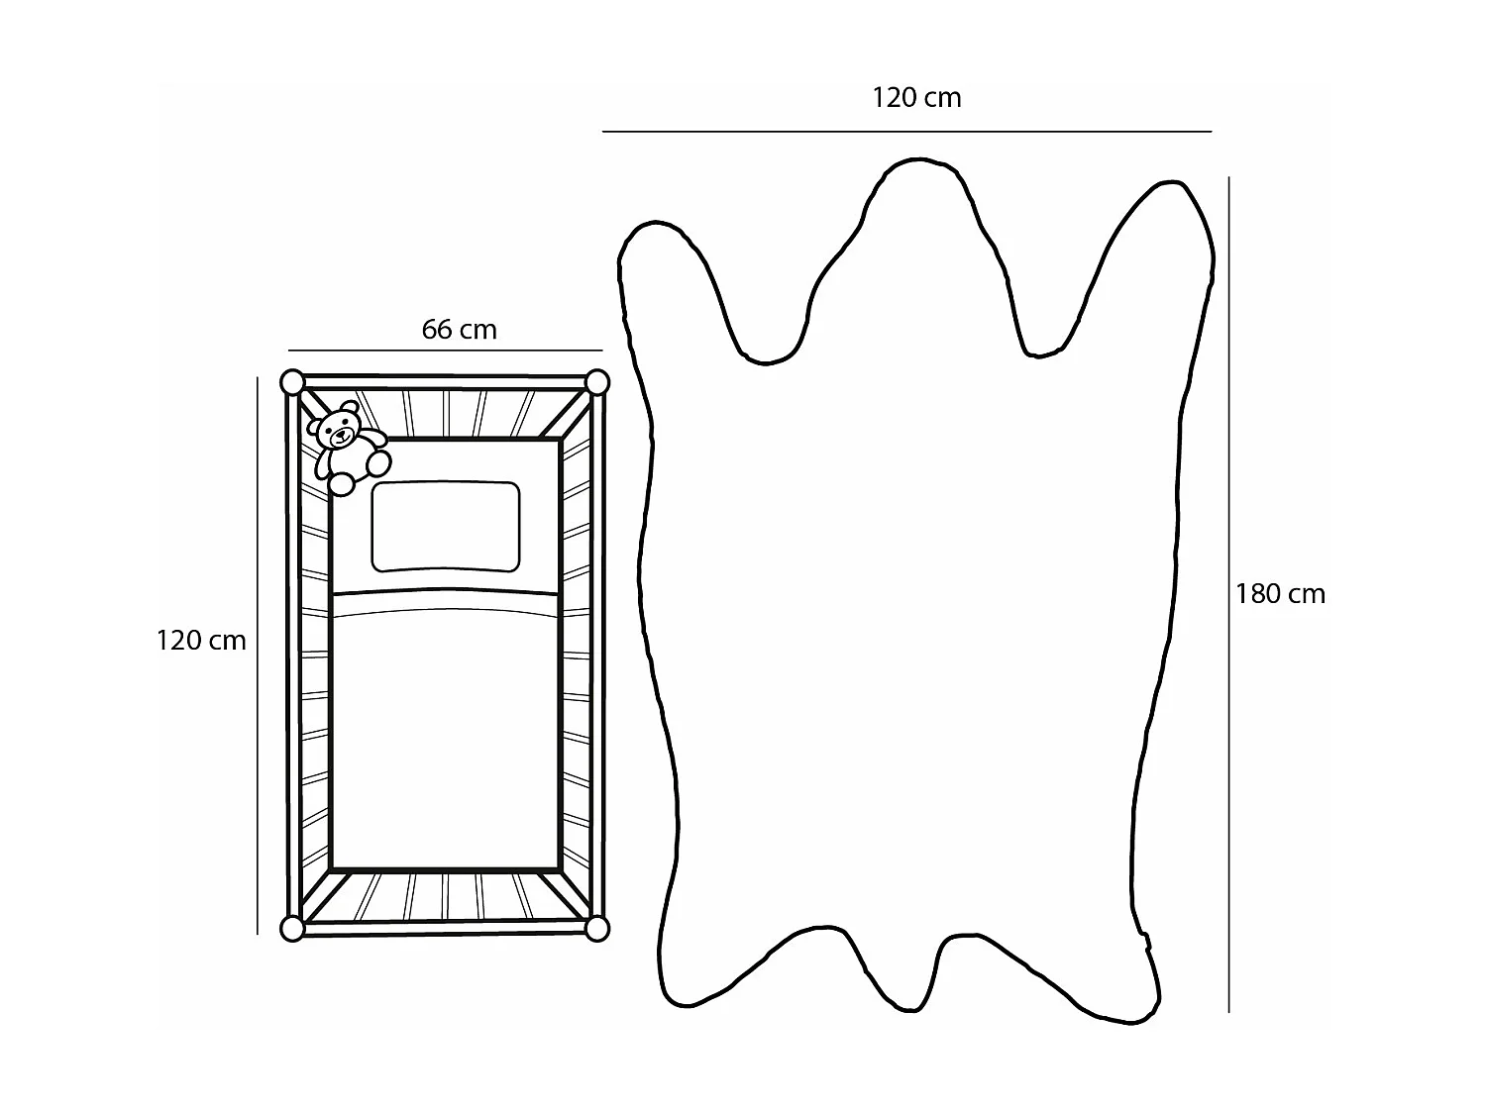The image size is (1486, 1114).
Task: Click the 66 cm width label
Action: [x=459, y=329]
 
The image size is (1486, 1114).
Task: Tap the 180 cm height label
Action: [x=1280, y=594]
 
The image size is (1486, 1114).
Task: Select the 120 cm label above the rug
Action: [x=916, y=97]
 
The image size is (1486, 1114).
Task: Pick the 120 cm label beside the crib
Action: [x=200, y=641]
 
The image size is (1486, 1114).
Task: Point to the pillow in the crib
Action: [x=446, y=527]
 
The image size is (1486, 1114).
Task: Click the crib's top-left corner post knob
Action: [x=292, y=381]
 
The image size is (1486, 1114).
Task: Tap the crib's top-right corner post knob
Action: [x=596, y=381]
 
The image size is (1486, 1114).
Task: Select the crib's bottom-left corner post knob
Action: [x=292, y=928]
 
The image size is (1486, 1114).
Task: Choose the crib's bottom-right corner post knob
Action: [x=596, y=928]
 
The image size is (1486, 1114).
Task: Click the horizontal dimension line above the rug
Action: [x=906, y=131]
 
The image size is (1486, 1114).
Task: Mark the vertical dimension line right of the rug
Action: [x=1229, y=594]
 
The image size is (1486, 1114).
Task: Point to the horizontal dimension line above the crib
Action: [x=446, y=351]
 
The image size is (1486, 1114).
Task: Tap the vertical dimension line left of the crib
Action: [x=258, y=654]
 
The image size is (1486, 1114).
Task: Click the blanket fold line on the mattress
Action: [x=446, y=593]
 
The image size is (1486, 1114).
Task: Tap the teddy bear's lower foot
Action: [x=342, y=484]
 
